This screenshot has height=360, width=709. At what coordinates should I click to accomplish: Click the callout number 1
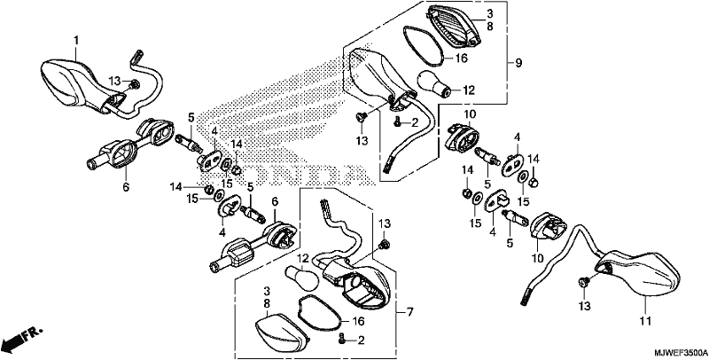tap(76, 41)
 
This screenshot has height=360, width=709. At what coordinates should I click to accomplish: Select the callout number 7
tap(409, 311)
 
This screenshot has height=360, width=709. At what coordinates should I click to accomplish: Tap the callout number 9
tap(518, 63)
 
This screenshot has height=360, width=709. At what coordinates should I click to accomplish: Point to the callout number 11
tap(645, 322)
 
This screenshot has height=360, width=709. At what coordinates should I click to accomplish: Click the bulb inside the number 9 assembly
tap(435, 84)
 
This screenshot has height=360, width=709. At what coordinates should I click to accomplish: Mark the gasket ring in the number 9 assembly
tap(425, 44)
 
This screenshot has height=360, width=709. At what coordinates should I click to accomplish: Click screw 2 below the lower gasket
tap(342, 339)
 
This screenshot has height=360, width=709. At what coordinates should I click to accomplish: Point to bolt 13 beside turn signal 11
tap(583, 282)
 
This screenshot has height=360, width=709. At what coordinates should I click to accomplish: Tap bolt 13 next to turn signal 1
tap(135, 83)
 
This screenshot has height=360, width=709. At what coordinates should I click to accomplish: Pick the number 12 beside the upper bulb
tap(469, 90)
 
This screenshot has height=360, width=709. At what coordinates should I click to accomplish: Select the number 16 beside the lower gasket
tap(358, 322)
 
